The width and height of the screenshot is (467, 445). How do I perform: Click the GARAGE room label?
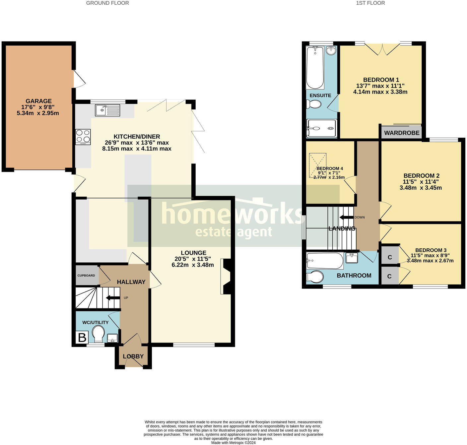[x=39, y=101]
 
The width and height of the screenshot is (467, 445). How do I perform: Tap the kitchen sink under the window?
[x=107, y=110]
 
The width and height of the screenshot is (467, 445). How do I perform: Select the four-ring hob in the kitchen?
[x=83, y=136]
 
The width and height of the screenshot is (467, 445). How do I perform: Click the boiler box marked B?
[x=82, y=338]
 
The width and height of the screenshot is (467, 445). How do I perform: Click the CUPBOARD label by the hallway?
[x=86, y=276]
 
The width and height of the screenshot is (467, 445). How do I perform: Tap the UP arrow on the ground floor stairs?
[x=113, y=298]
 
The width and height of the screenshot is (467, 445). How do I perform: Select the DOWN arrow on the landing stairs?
[x=346, y=218]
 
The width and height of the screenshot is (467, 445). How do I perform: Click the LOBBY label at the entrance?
[x=133, y=356]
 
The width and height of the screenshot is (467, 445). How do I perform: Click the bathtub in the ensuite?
[x=315, y=68]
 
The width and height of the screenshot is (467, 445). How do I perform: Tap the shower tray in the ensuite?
[x=321, y=128]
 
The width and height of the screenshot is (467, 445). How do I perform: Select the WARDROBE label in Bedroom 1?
[x=402, y=133]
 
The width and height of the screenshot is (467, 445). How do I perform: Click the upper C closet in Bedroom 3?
[x=390, y=257]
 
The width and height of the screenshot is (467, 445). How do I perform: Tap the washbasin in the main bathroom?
[x=352, y=258]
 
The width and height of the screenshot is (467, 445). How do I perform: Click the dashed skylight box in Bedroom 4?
[x=317, y=165]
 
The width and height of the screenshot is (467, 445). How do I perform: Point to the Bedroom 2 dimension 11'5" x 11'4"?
[x=421, y=182]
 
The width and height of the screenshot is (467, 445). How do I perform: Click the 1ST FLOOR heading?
[x=370, y=3]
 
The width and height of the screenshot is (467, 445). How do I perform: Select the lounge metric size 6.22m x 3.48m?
[x=193, y=265]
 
